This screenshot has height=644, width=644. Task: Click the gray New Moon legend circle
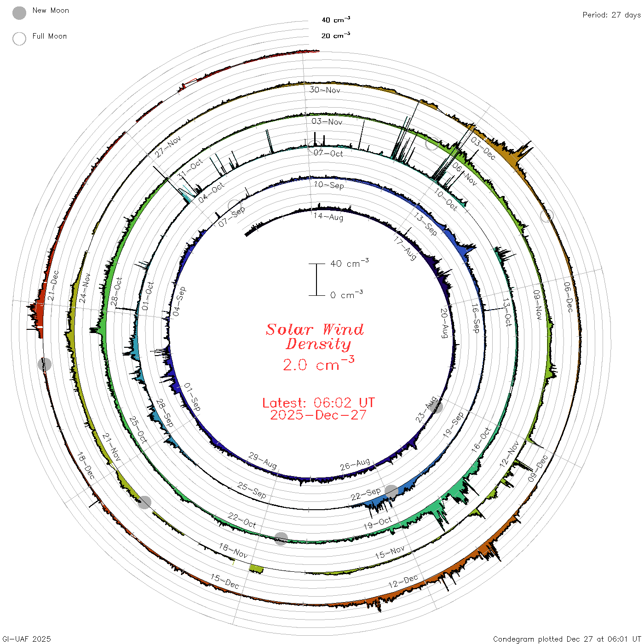(x=19, y=13)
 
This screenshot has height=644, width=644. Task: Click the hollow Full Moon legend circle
(x=19, y=39)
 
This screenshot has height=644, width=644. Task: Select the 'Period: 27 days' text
(x=611, y=15)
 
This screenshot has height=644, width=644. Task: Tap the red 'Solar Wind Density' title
(x=315, y=337)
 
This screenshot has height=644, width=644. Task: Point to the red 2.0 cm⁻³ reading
(x=318, y=364)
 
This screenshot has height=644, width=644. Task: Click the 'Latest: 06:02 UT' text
(x=318, y=402)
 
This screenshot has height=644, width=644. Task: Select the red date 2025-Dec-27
(x=318, y=415)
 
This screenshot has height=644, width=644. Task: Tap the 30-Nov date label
(x=325, y=90)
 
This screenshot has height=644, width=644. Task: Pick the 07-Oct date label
(x=328, y=153)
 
